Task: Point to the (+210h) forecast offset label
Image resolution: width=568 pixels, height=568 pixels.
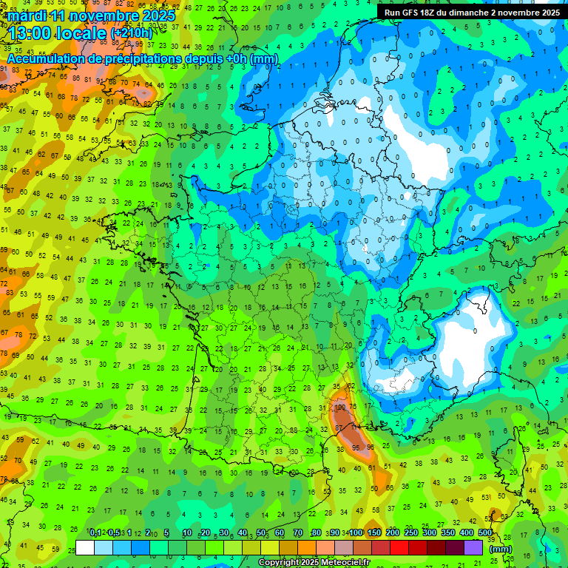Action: click(131, 33)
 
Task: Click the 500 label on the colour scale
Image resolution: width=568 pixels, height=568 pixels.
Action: click(485, 533)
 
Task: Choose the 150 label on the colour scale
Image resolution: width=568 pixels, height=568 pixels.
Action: click(374, 533)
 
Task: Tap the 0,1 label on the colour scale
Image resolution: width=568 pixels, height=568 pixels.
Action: click(95, 533)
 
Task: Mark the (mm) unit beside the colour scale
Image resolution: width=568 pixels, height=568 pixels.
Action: click(500, 549)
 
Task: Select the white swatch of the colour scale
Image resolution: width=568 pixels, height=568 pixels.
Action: click(85, 547)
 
